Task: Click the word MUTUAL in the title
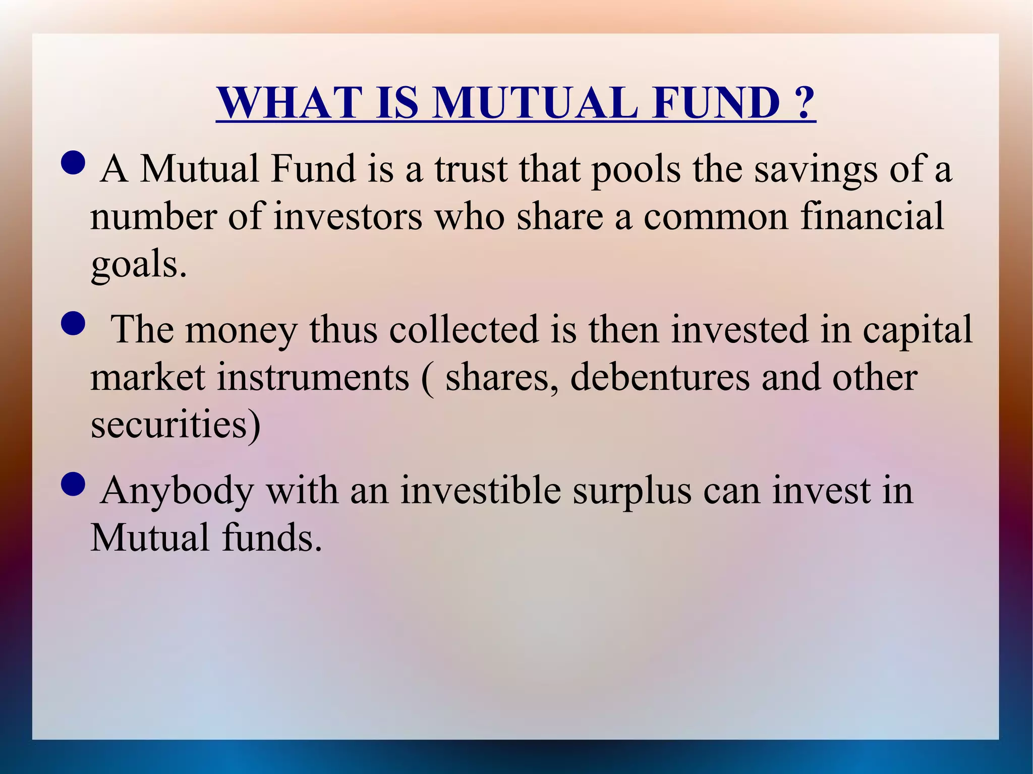535,103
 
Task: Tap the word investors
348,217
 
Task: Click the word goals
138,264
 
